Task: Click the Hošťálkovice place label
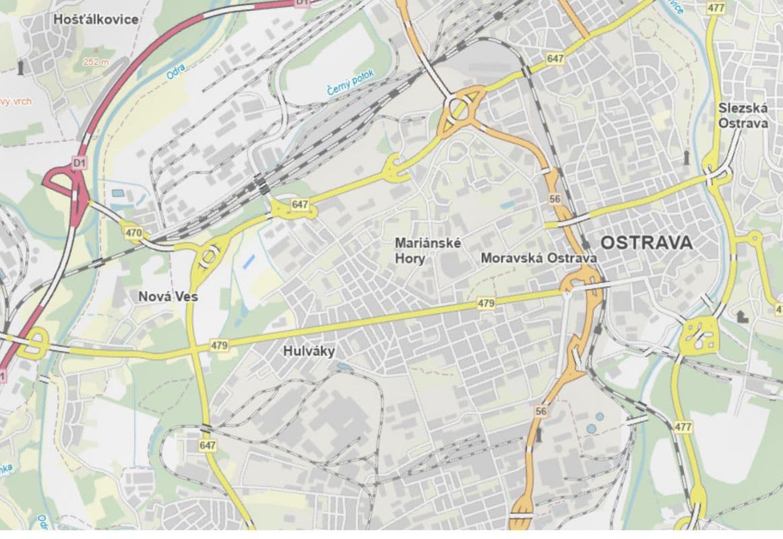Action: (96, 20)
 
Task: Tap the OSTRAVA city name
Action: (646, 243)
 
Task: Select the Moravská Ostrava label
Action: (539, 258)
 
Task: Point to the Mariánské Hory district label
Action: (429, 251)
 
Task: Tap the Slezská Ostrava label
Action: (743, 115)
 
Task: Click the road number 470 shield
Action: (133, 232)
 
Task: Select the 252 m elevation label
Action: (96, 61)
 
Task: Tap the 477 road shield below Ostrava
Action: (683, 427)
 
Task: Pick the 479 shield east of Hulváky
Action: (486, 304)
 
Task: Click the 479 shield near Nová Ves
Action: (220, 345)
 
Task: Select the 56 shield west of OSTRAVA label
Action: (555, 199)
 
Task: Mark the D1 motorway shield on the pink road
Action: (80, 162)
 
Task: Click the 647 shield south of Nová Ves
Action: (208, 445)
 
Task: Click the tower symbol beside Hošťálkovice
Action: (22, 67)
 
